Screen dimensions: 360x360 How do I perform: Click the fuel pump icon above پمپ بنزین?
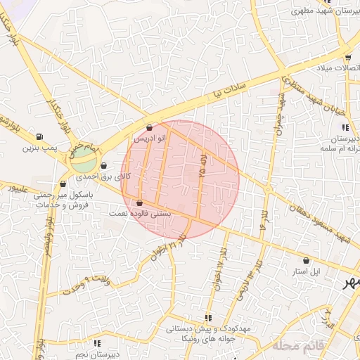pyautogui.click(x=37, y=137)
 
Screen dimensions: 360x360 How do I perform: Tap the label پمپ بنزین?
pyautogui.click(x=38, y=148)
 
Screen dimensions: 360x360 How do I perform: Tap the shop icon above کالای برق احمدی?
pyautogui.click(x=104, y=167)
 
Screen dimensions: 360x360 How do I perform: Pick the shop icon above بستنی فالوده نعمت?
pyautogui.click(x=139, y=203)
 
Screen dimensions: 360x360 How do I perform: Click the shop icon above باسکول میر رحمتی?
pyautogui.click(x=63, y=184)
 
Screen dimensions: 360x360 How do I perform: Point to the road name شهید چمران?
pyautogui.click(x=281, y=116)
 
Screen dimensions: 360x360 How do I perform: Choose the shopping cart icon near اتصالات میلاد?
pyautogui.click(x=348, y=58)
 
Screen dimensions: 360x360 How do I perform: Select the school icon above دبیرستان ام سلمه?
pyautogui.click(x=345, y=127)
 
